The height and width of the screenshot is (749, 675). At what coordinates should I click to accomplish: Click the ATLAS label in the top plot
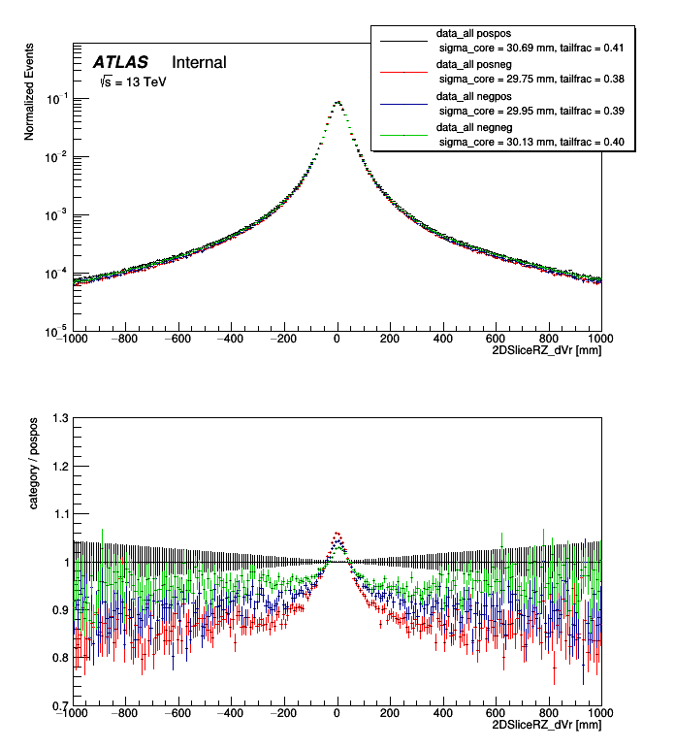point(119,63)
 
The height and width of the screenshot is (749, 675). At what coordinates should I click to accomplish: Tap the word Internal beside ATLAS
point(199,63)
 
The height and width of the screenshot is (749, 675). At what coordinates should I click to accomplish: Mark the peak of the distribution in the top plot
point(337,102)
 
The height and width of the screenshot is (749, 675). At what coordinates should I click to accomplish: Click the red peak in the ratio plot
point(337,533)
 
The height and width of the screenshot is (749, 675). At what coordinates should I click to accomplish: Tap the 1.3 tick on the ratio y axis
point(60,418)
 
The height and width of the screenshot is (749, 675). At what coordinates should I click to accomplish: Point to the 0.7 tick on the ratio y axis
point(60,705)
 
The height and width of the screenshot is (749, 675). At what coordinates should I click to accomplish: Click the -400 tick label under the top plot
point(229,339)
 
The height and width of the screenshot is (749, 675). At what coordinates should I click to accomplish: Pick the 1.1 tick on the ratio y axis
point(60,514)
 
